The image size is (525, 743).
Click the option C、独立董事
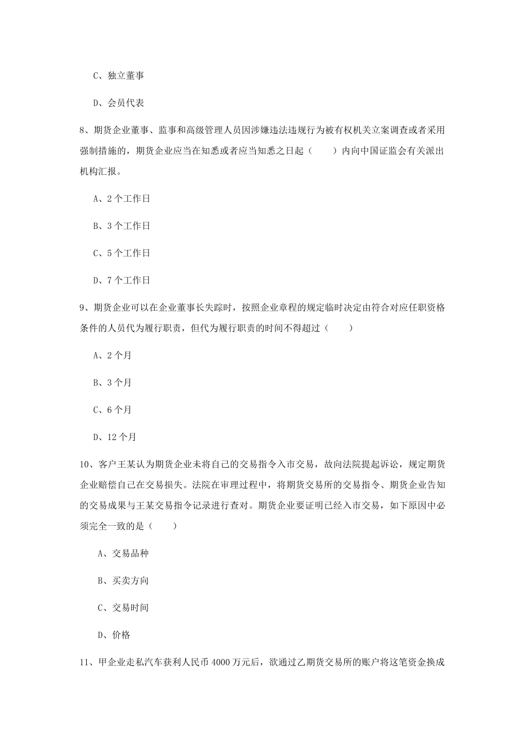point(118,76)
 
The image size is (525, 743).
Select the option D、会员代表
point(118,103)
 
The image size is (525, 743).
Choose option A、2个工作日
point(122,199)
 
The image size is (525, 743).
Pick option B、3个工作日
point(122,226)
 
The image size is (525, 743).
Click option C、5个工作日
point(122,253)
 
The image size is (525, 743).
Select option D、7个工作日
point(122,280)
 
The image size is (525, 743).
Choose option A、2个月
point(113,355)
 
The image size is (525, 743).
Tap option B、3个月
point(113,383)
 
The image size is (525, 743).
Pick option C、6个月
point(113,410)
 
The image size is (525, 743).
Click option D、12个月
point(115,437)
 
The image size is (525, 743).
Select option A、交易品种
point(123,553)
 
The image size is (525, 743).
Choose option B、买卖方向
point(123,580)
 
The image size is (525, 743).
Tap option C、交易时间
point(123,608)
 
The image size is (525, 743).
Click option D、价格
point(114,635)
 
